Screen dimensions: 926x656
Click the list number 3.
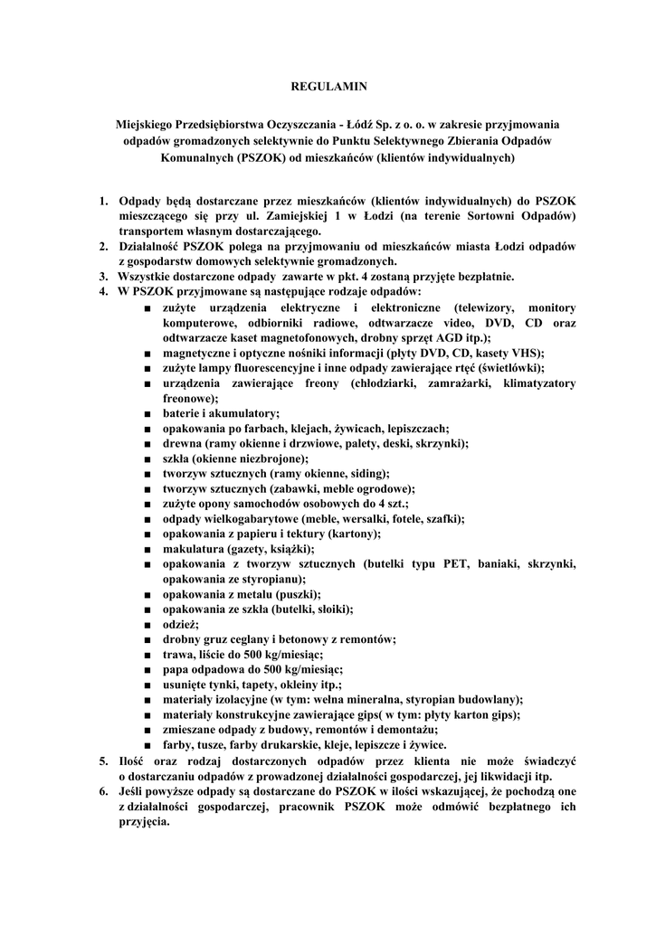coord(105,276)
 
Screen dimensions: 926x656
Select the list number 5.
coord(104,761)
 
